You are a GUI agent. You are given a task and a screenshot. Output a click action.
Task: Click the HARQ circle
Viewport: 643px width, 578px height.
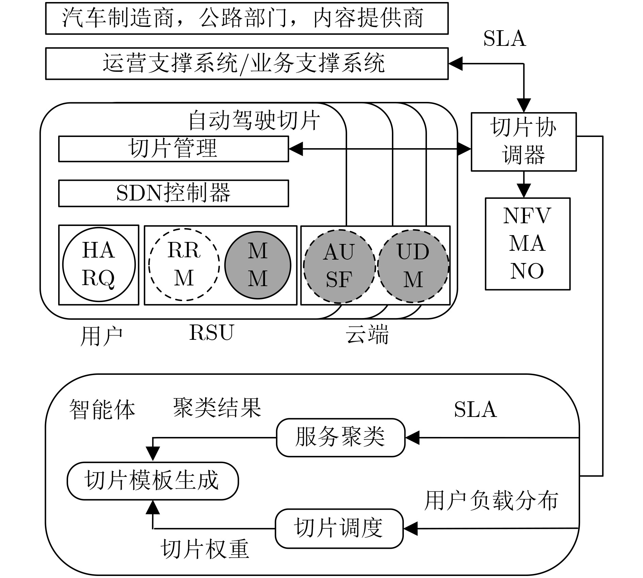(99, 265)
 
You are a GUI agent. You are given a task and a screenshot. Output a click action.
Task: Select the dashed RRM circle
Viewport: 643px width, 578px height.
(184, 265)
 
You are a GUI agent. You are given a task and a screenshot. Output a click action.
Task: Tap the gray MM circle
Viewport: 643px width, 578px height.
(258, 265)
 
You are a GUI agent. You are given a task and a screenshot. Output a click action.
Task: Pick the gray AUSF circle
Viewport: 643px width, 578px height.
(339, 266)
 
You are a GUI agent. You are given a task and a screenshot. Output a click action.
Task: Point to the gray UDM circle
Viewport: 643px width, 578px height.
(413, 266)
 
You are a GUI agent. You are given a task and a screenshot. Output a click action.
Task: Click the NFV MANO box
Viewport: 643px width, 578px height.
(527, 244)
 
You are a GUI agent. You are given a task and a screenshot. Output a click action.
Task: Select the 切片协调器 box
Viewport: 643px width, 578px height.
(523, 141)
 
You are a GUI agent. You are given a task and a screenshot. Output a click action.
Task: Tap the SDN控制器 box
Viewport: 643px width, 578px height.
(174, 193)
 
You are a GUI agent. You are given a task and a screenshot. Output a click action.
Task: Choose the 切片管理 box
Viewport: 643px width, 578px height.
(174, 149)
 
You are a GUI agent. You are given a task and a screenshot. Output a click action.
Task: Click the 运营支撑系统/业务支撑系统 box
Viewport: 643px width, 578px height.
(247, 64)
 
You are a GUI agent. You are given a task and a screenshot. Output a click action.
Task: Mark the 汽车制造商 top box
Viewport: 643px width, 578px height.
(247, 18)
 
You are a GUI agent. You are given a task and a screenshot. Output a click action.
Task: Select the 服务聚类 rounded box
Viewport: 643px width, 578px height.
(341, 437)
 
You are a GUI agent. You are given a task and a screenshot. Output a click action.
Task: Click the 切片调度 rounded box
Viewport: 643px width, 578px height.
(339, 528)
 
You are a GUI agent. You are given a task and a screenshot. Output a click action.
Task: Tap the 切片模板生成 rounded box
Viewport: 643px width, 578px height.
(152, 480)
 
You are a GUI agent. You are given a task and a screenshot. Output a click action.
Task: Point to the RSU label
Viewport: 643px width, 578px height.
(212, 332)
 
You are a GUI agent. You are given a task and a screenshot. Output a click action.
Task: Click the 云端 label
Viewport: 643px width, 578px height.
(367, 335)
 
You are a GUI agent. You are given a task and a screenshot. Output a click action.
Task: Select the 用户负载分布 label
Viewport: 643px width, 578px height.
(491, 501)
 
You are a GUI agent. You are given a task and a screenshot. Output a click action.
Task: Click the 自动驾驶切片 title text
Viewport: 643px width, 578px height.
(254, 121)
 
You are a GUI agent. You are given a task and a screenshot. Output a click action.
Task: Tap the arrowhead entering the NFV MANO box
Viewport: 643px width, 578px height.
(524, 191)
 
